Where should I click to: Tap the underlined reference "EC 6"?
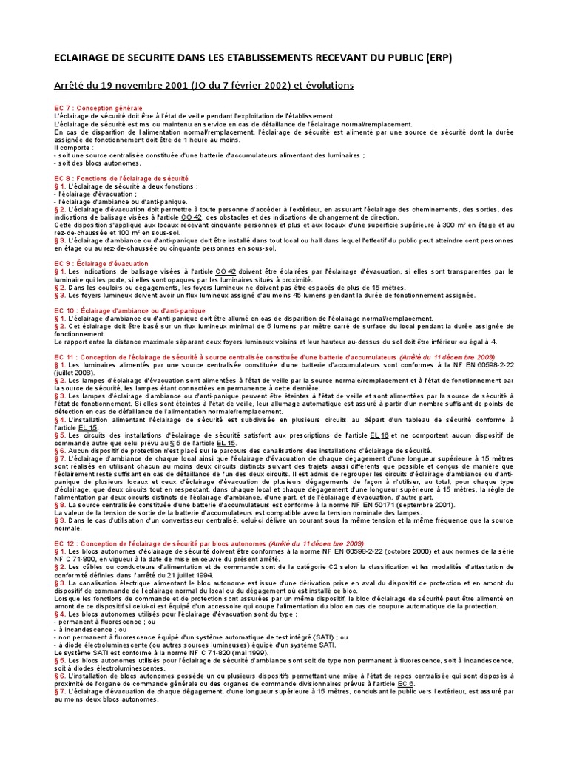tap(407, 683)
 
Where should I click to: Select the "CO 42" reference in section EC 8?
tap(192, 217)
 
